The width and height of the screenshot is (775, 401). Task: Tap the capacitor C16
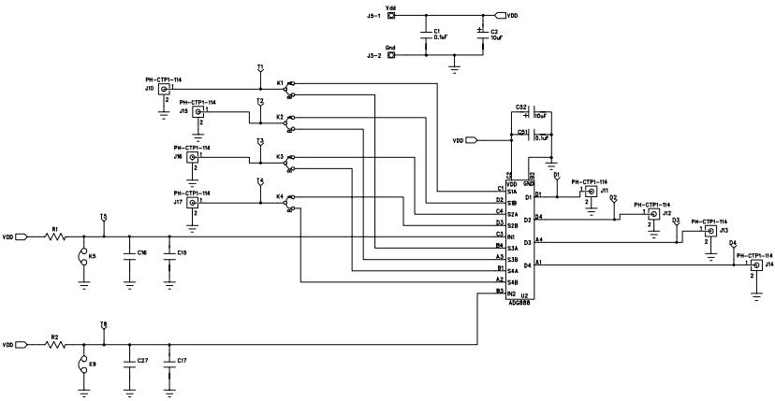coord(129,254)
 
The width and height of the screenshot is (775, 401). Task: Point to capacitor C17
coord(169,361)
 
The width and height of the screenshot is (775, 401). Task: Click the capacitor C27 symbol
coord(129,361)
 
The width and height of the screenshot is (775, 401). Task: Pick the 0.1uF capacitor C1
coord(426,35)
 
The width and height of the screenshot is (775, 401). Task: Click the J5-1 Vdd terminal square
coord(391,16)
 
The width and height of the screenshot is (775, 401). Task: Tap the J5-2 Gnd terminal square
coord(391,55)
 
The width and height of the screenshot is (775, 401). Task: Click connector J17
coord(193,202)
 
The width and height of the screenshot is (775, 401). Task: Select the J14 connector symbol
coord(754,265)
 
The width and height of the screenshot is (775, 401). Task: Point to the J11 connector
coord(591,192)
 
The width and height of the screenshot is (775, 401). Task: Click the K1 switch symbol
coord(288,89)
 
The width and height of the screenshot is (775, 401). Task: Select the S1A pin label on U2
coord(513,193)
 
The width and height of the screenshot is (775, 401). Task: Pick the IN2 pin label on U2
coord(513,294)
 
